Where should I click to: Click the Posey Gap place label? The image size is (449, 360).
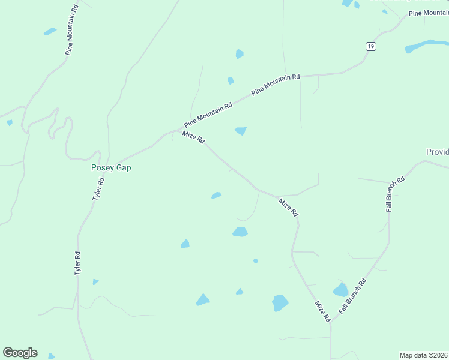coord(111,168)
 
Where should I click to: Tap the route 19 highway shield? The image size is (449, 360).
coord(371,46)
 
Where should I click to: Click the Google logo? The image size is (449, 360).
coord(20,353)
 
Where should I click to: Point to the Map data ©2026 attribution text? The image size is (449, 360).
coord(424,355)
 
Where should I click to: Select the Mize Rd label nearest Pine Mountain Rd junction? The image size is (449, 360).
coord(194,137)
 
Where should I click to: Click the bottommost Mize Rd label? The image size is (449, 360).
coord(322,312)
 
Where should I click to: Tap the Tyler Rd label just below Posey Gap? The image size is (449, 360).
coord(98,188)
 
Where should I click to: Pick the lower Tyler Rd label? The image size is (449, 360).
coord(77,263)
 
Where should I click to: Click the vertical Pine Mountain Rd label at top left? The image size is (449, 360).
coord(72,30)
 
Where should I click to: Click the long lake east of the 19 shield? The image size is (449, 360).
coord(426,46)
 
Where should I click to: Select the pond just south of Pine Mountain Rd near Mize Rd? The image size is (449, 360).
coord(241,131)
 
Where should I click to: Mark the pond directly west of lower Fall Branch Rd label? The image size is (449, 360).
coord(340,290)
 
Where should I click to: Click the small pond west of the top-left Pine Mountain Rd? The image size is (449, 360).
coord(50,31)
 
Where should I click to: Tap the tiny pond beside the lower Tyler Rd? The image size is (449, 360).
coord(95,281)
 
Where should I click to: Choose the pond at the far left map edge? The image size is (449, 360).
coord(9,122)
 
